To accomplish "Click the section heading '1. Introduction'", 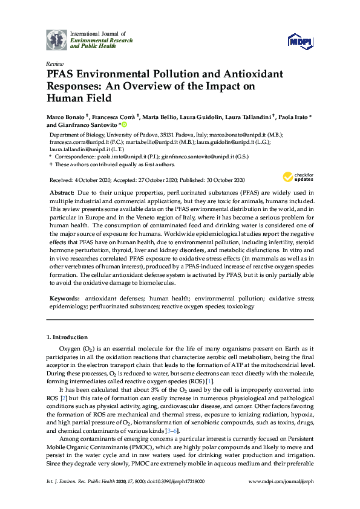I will click(x=67, y=337).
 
